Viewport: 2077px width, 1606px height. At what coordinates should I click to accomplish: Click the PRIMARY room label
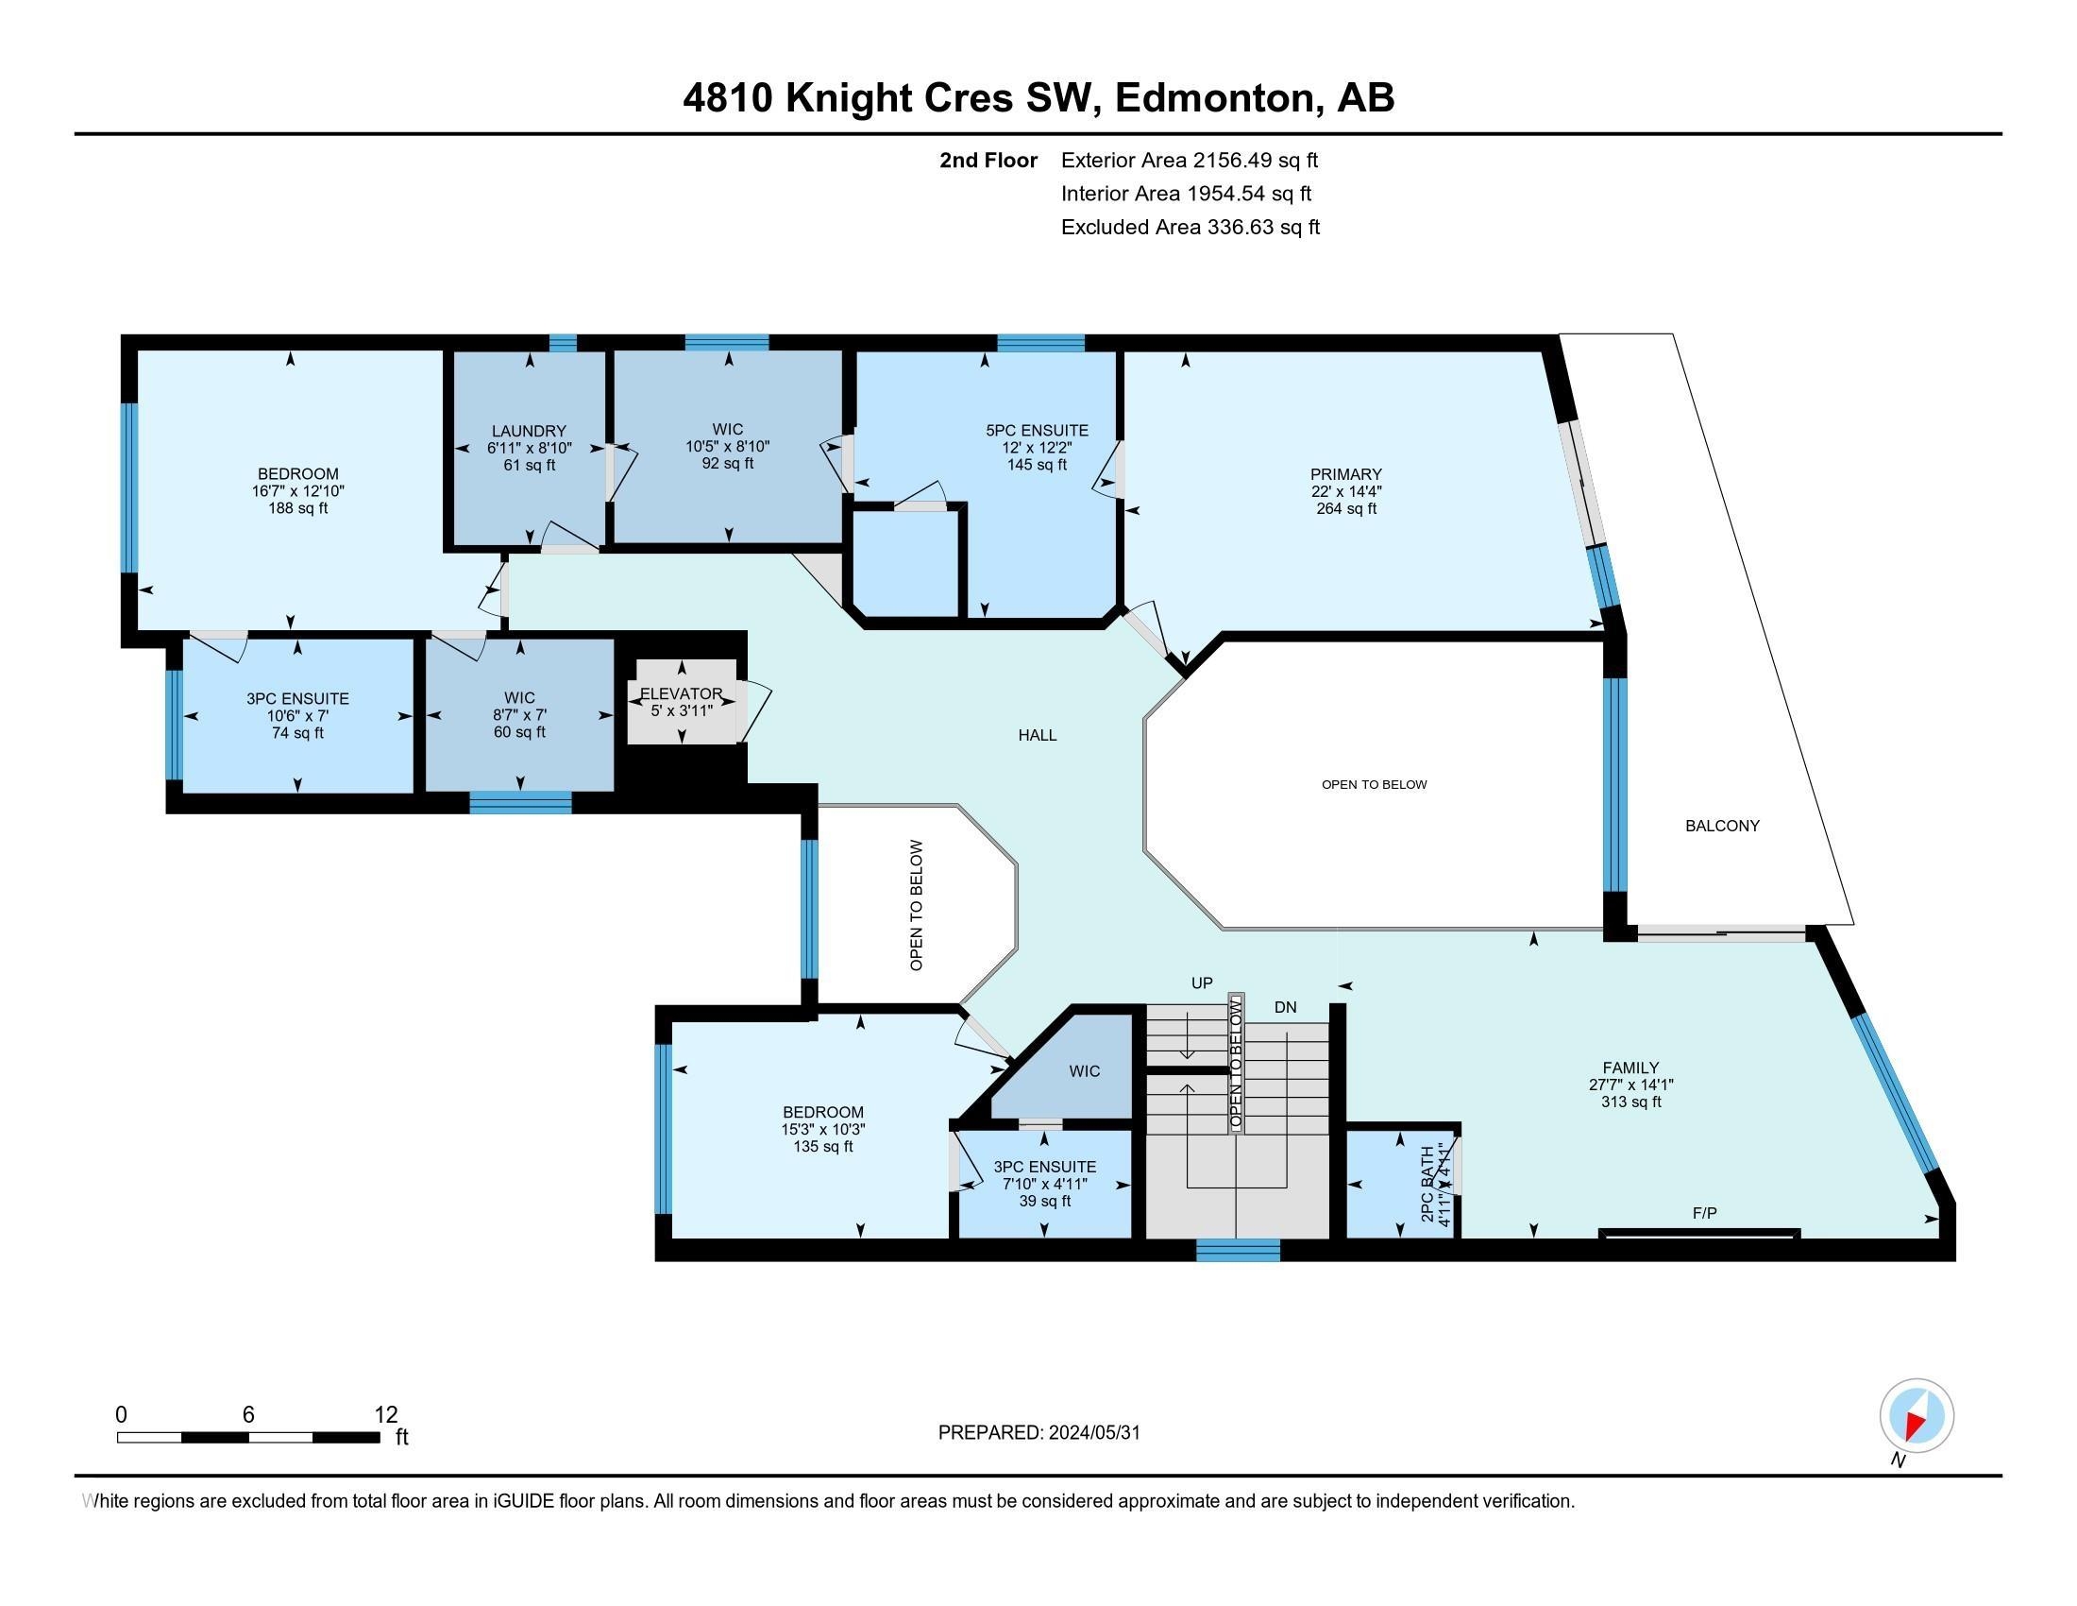click(x=1344, y=474)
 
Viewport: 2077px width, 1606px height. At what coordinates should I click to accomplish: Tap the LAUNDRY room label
click(x=529, y=431)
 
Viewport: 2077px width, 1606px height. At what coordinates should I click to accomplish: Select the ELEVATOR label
click(x=681, y=693)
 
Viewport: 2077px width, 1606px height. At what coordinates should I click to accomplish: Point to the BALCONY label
click(x=1722, y=826)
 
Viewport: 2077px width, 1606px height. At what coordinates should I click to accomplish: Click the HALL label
click(x=1038, y=735)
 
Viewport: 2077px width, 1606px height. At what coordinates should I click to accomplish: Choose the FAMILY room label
click(x=1630, y=1068)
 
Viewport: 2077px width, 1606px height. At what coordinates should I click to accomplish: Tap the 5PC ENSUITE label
click(x=1037, y=431)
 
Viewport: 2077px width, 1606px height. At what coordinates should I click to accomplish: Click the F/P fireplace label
click(x=1704, y=1213)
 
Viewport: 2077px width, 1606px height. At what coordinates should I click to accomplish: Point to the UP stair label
click(x=1202, y=982)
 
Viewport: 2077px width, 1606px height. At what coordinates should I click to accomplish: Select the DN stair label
click(x=1285, y=1008)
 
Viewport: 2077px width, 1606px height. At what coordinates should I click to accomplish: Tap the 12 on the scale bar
click(x=386, y=1414)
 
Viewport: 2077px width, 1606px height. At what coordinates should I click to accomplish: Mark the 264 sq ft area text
click(x=1344, y=509)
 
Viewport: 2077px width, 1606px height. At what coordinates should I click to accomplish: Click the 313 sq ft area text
click(x=1630, y=1102)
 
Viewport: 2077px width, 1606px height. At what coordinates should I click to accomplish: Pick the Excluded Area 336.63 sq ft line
click(x=1190, y=228)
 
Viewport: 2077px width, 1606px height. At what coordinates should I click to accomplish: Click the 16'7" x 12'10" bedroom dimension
click(x=297, y=492)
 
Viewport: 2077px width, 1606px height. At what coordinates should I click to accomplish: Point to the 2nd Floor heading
click(x=988, y=161)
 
